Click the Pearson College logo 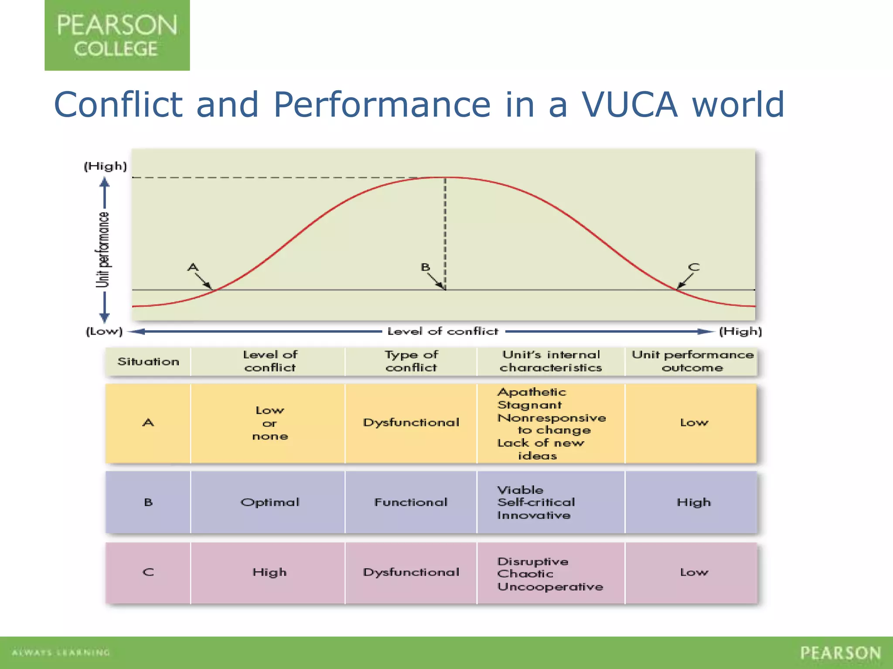point(117,35)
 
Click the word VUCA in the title point(629,105)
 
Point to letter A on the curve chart point(193,267)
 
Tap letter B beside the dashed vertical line point(425,267)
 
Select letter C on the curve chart point(694,267)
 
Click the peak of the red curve point(446,177)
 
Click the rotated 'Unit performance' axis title point(103,250)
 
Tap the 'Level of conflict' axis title point(443,331)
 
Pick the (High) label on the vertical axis point(105,166)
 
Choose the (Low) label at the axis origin point(104,331)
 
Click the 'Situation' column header point(148,362)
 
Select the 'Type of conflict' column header point(411,361)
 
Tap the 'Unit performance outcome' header point(692,361)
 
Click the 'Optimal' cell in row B point(270,502)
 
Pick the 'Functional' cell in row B point(411,502)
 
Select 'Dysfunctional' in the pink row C point(411,572)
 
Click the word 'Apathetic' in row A point(532,392)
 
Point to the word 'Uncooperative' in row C point(550,587)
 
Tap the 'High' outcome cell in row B point(693,502)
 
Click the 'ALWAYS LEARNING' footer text point(61,652)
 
